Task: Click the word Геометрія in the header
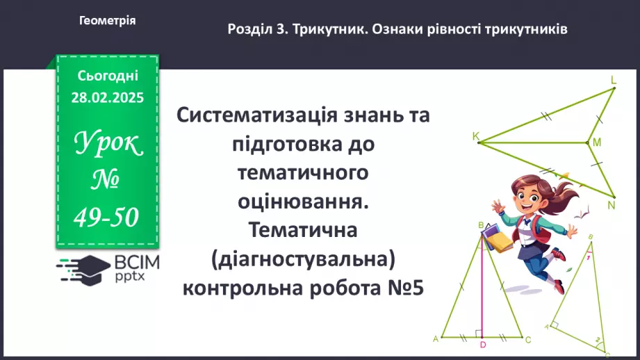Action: coord(107,21)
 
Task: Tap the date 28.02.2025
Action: coord(107,98)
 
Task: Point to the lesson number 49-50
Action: coord(107,218)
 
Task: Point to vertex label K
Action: coord(475,137)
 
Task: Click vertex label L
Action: coord(614,81)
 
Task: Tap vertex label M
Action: coord(596,143)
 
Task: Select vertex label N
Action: coord(612,205)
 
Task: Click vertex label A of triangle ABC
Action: coord(436,339)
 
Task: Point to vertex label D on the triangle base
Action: coord(482,345)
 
